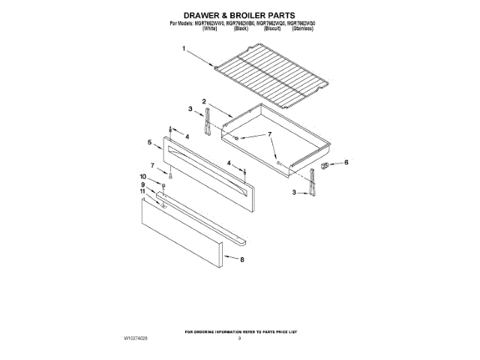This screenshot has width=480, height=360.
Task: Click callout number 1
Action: click(x=183, y=50)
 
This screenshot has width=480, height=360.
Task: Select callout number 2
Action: click(x=203, y=101)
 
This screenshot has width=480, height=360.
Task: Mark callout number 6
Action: click(x=346, y=162)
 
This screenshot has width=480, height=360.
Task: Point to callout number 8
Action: click(x=242, y=259)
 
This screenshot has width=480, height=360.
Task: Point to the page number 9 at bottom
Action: click(x=239, y=338)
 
